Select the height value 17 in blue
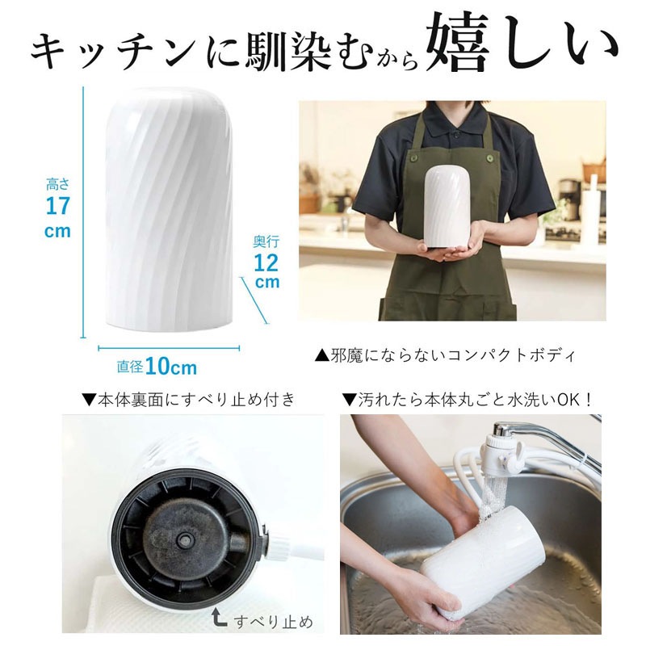click(x=58, y=206)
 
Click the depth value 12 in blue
click(x=266, y=262)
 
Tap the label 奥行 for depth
click(x=266, y=241)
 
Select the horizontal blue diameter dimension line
click(x=169, y=349)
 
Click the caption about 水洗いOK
click(x=468, y=399)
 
